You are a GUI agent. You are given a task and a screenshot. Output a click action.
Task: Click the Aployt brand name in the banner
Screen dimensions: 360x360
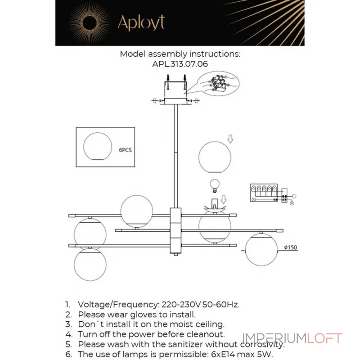click(141, 22)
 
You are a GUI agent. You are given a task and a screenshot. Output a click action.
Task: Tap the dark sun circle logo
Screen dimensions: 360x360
click(89, 23)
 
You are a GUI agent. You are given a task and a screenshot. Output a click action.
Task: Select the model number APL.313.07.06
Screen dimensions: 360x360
click(180, 64)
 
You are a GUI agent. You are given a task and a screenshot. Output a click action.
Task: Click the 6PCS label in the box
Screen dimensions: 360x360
click(125, 150)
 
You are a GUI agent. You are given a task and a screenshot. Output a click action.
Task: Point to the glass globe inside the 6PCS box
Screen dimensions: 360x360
click(98, 146)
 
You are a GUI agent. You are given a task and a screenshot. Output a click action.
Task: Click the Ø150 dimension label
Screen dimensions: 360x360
click(290, 247)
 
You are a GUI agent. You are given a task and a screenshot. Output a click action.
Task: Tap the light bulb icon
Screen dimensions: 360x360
click(215, 185)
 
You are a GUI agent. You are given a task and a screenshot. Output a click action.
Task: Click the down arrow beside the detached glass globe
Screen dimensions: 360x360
click(230, 139)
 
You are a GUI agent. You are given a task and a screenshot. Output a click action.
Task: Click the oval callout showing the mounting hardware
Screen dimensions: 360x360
click(218, 83)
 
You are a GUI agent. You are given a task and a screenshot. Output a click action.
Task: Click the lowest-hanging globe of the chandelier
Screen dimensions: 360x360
click(90, 264)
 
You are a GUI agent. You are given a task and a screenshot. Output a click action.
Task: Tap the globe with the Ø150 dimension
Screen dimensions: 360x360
click(261, 250)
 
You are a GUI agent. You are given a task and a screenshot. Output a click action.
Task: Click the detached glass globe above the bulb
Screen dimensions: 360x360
click(215, 157)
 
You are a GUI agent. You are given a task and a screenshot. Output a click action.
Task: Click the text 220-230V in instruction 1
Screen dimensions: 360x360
click(181, 305)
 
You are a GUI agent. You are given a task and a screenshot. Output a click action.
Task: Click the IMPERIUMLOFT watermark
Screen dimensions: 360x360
click(292, 338)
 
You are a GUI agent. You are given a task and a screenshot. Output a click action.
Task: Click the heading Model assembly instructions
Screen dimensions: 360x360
click(180, 54)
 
